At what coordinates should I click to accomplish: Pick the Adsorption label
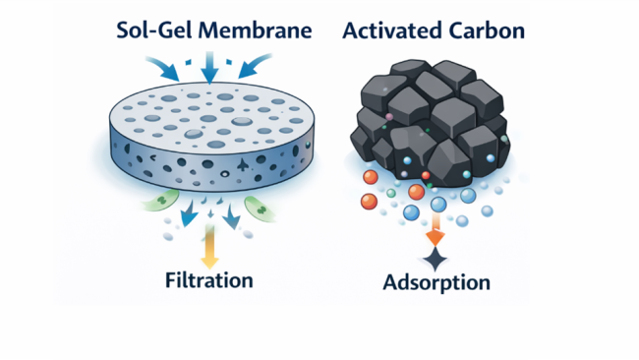point(436,283)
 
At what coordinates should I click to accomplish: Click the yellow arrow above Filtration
point(208,248)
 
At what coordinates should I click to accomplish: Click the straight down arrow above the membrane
point(209,69)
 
